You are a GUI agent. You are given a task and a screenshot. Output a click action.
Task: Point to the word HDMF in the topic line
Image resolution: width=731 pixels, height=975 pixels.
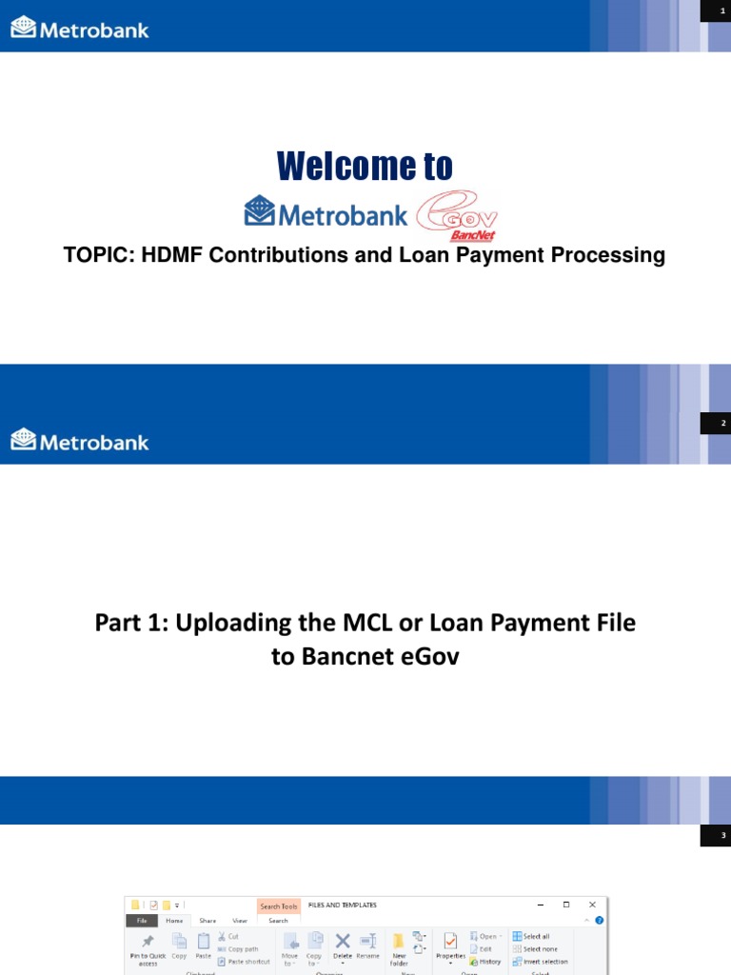[159, 255]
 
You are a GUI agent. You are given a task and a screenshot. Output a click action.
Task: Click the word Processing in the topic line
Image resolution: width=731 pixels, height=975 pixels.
[614, 255]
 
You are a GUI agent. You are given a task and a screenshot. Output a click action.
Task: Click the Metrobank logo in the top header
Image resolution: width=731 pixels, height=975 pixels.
[80, 30]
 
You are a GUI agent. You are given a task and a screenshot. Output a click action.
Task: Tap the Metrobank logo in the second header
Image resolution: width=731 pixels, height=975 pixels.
[80, 441]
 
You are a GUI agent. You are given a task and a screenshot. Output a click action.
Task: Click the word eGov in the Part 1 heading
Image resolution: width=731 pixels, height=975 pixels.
[428, 656]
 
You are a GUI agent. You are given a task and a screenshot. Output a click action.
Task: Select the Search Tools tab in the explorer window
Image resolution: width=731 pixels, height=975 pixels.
[278, 906]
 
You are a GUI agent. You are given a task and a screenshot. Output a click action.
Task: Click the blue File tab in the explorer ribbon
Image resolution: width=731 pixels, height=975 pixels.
[141, 921]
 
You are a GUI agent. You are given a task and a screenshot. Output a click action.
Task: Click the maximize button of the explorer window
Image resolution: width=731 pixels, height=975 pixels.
[566, 905]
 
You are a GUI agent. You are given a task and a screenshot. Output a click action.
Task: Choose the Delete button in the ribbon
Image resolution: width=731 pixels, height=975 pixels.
[342, 945]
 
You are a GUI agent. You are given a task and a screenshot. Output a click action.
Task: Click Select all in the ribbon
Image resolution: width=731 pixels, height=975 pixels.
[530, 936]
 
